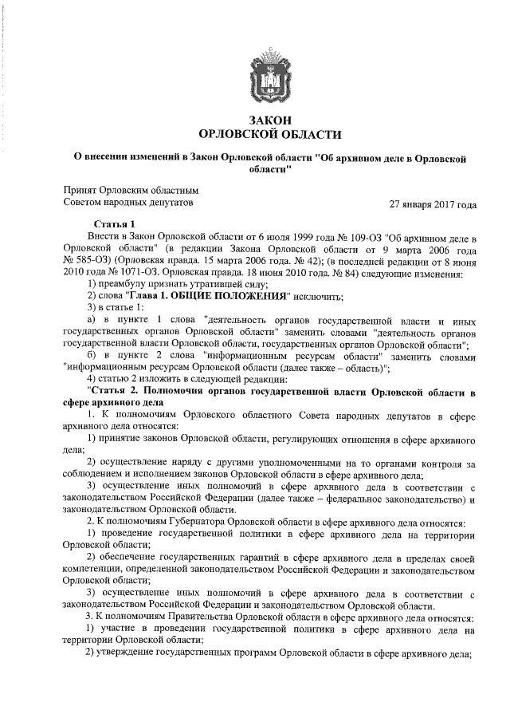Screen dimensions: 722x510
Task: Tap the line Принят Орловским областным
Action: [x=130, y=191]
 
